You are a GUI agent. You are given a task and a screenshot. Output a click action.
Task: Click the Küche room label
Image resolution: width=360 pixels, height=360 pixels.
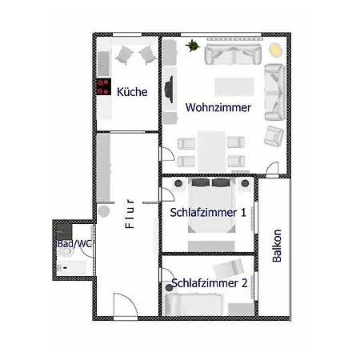[x=132, y=92]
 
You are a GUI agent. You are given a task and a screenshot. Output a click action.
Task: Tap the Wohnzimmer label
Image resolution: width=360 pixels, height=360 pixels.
[x=218, y=107]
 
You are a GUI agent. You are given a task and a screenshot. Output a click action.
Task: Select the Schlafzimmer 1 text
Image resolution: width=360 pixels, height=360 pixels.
[x=208, y=213]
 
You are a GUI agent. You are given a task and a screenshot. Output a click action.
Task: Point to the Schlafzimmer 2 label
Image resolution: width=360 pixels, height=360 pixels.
[x=210, y=283]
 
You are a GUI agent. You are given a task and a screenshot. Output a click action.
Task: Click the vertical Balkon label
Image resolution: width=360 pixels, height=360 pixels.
[x=277, y=246]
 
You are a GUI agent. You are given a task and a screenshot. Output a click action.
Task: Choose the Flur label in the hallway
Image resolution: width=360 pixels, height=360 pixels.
[x=130, y=214]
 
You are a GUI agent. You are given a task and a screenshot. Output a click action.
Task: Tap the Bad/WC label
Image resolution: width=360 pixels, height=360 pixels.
[x=74, y=243]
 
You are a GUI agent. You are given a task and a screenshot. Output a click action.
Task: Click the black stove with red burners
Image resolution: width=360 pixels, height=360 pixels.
[x=104, y=86]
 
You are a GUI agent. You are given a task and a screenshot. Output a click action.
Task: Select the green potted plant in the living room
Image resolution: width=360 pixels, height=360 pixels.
[x=192, y=46]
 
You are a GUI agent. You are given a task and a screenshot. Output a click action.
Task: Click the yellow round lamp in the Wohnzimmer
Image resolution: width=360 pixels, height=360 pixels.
[x=275, y=50]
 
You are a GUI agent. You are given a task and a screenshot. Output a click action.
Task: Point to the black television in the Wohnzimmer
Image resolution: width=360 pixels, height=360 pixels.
[x=170, y=90]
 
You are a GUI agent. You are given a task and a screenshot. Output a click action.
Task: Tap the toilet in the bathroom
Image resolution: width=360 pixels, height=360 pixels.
[x=66, y=252]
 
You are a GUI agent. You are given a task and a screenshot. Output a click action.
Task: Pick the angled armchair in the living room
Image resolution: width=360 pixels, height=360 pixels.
[x=274, y=136]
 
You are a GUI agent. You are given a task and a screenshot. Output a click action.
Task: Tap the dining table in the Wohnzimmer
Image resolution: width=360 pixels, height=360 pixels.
[x=212, y=151]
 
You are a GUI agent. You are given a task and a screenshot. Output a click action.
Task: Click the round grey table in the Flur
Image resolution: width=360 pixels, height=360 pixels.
[x=104, y=211]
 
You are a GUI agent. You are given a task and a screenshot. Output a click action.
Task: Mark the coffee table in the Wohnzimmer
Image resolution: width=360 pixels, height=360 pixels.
[x=234, y=87]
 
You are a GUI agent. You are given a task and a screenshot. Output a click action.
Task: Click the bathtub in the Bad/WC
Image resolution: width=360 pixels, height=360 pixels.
[x=72, y=268]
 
